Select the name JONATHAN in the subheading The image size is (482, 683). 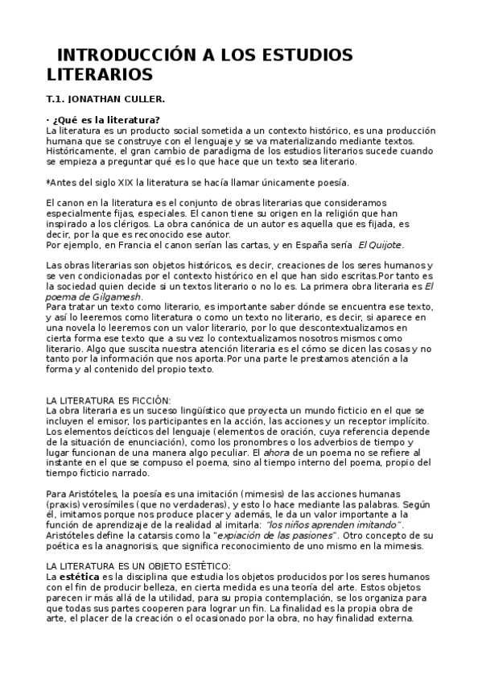(98, 100)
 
